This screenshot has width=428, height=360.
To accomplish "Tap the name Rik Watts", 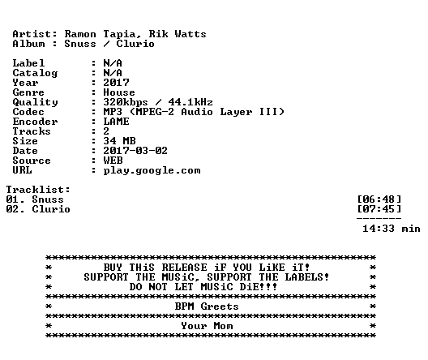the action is click(x=178, y=34).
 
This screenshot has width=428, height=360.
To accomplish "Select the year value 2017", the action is click(x=116, y=83).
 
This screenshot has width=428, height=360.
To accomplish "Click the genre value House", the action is click(x=119, y=92).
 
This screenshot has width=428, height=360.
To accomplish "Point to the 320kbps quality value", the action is click(x=126, y=103).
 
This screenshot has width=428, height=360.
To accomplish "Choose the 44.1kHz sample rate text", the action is click(x=190, y=102).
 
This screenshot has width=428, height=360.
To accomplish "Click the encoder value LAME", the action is click(x=116, y=122).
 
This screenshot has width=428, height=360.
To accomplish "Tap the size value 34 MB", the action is click(x=119, y=141).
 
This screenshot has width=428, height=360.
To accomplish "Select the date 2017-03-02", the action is click(x=135, y=151).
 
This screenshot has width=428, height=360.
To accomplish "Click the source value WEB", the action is click(x=113, y=161).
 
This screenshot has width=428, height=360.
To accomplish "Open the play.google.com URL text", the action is click(x=152, y=171).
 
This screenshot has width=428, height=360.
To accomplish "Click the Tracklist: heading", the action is click(x=38, y=190).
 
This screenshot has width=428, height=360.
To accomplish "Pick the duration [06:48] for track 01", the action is click(x=379, y=199).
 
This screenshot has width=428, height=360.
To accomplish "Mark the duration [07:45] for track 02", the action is click(x=379, y=209).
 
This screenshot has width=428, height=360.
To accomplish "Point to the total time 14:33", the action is click(x=379, y=229).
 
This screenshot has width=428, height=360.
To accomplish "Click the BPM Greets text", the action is click(x=207, y=306).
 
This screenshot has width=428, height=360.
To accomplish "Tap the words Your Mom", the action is click(x=207, y=326).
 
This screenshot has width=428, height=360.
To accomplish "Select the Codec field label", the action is click(x=28, y=112).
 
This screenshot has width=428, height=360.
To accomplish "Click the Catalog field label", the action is click(x=35, y=73).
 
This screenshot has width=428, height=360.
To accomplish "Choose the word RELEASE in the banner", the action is click(x=184, y=268).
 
